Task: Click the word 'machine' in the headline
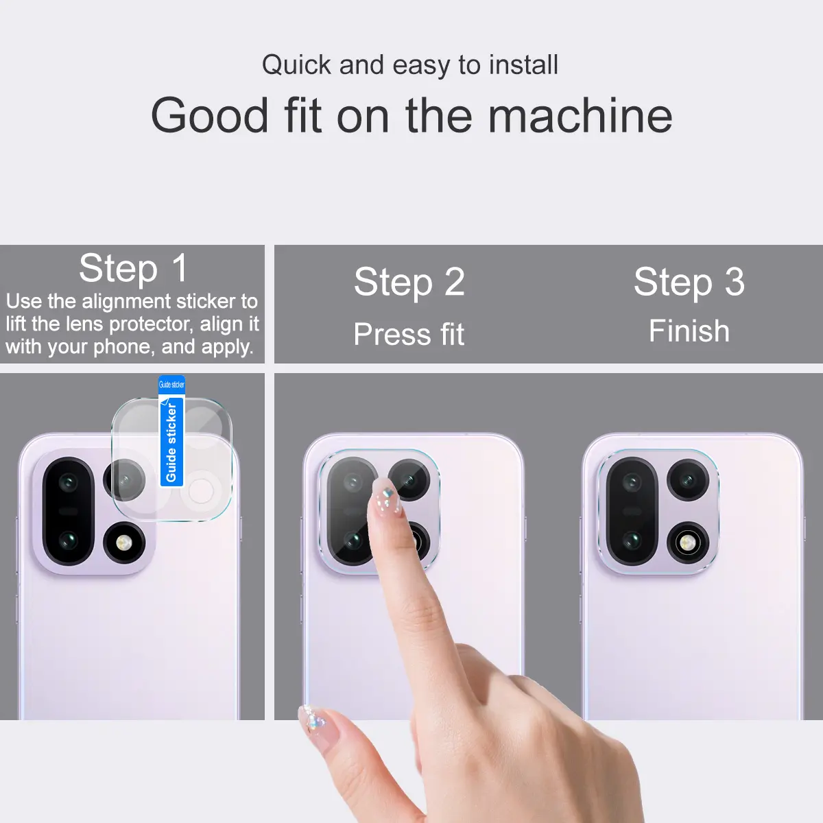pos(580,115)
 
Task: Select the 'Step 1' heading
pos(134,268)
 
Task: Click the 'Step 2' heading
pos(409,282)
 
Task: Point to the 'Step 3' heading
pos(689,282)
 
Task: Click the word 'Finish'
pos(689,331)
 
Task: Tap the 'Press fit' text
pos(409,334)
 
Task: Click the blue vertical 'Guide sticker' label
pos(171,442)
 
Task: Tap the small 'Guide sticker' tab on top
pos(171,384)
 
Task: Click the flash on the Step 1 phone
pos(124,543)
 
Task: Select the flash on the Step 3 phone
pos(688,543)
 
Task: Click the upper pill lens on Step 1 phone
pos(68,483)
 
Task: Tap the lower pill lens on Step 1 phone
pos(68,540)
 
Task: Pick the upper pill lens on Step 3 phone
pos(632,483)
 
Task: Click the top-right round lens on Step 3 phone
pos(688,481)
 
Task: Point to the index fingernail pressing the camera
pos(387,497)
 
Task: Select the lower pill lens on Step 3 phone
pos(632,540)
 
